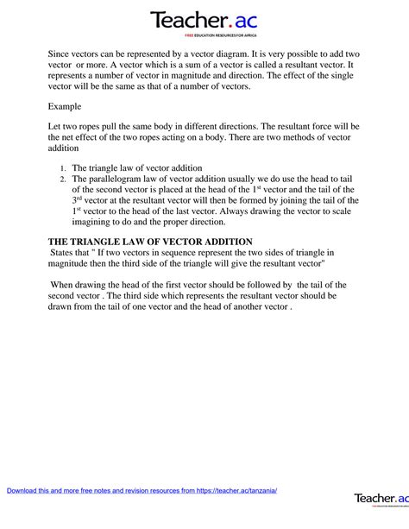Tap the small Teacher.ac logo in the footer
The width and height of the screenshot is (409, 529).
point(381,499)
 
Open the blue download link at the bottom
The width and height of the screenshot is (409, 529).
point(142,490)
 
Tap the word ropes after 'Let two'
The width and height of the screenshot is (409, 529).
point(99,126)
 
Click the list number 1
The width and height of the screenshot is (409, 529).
point(62,168)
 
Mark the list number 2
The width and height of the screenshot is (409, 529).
point(62,179)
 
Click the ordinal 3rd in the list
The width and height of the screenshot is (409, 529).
point(77,200)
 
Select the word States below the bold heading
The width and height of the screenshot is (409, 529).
point(66,253)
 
